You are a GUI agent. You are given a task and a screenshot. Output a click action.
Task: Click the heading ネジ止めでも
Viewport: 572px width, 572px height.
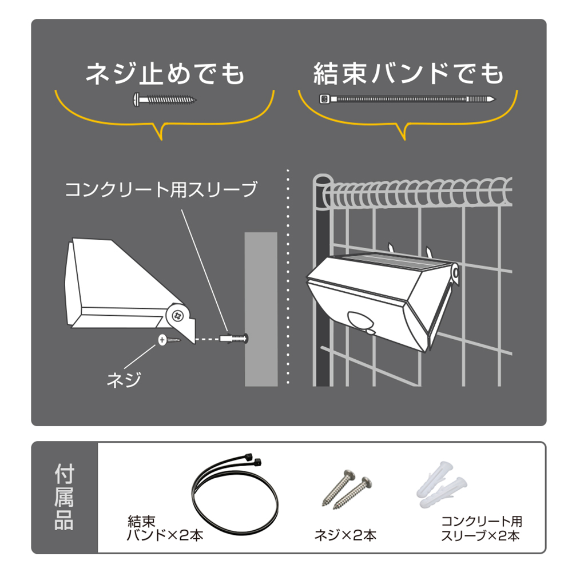click(x=165, y=74)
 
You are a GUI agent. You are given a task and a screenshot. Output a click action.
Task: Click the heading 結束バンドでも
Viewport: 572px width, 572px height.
click(x=408, y=74)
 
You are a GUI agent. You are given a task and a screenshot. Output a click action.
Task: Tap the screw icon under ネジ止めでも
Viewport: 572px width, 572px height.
click(x=165, y=99)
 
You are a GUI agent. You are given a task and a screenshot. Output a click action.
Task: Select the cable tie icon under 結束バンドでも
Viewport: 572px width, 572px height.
click(x=407, y=99)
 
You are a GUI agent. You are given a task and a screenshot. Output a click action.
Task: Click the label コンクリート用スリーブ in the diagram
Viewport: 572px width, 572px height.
click(x=161, y=189)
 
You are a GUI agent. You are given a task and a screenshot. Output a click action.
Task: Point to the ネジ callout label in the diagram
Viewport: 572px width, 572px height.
click(x=124, y=380)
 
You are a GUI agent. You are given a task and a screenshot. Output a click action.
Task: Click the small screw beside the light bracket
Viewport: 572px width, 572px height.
click(x=169, y=340)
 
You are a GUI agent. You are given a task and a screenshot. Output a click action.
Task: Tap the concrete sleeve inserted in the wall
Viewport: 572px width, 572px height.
click(x=234, y=339)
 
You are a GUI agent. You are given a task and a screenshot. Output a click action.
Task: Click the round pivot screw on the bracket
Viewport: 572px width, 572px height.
click(x=178, y=315)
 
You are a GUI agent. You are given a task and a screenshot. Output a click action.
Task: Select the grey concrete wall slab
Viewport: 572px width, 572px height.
click(x=261, y=309)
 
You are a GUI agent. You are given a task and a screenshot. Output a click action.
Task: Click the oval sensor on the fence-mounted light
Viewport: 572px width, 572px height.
click(x=360, y=321)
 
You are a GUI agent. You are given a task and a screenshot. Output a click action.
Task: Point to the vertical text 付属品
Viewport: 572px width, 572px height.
click(x=64, y=497)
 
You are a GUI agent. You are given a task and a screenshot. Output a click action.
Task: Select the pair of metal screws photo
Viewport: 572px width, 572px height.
click(x=347, y=489)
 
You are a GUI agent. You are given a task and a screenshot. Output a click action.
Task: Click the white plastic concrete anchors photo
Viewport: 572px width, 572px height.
click(x=442, y=484)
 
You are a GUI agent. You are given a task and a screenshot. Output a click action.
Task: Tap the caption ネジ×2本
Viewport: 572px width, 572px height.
click(x=345, y=535)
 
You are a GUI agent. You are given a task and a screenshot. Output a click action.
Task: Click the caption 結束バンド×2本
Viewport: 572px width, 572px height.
click(x=165, y=528)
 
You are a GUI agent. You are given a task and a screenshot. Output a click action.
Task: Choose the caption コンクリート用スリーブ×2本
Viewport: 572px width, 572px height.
click(x=482, y=528)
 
